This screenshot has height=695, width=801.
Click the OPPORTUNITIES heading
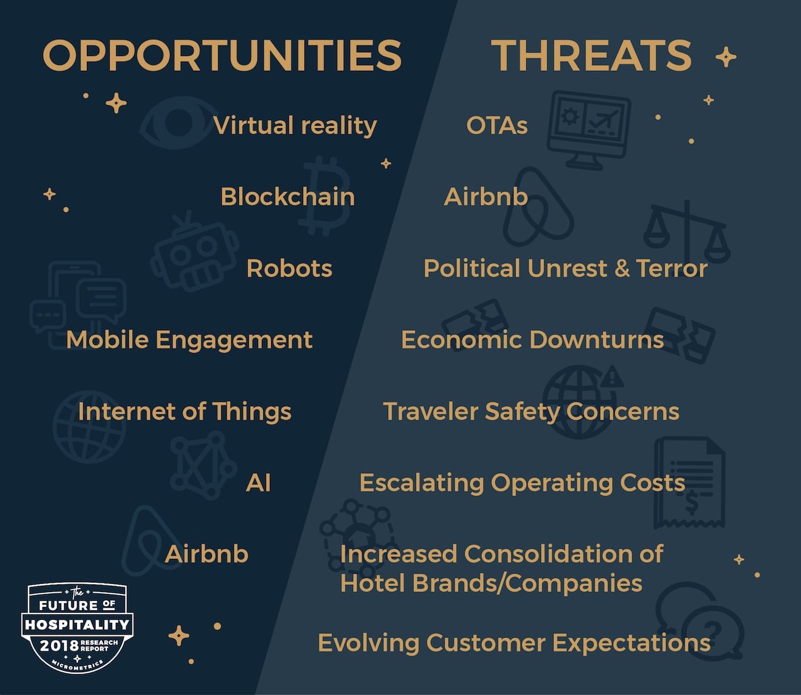(222, 55)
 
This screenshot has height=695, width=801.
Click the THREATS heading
(592, 55)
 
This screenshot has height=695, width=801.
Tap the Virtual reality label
(295, 126)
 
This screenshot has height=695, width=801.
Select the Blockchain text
(287, 197)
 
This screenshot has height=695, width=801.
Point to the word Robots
(289, 269)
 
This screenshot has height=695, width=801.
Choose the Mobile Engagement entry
(189, 340)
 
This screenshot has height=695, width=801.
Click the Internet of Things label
(184, 412)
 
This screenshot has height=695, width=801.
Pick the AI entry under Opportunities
(258, 483)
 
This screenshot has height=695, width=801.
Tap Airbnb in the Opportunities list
(206, 555)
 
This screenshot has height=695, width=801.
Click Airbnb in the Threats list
(486, 197)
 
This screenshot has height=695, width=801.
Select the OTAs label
(497, 126)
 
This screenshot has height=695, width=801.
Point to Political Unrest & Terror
(565, 269)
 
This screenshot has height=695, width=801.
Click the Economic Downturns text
(532, 340)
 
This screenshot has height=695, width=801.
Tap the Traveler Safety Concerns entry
(531, 412)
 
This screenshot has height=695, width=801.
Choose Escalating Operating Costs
(522, 483)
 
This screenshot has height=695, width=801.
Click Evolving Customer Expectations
(514, 643)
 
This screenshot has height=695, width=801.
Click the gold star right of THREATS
(726, 57)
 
